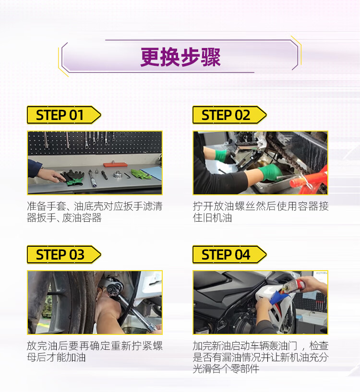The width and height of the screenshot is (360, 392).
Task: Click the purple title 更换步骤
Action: pos(180,57)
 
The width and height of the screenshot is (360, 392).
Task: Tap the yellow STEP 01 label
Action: pos(64,115)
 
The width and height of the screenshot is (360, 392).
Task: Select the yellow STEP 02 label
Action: pos(229,115)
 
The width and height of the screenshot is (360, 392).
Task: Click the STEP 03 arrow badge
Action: pos(64,254)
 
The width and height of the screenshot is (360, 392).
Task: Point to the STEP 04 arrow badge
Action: pos(229,254)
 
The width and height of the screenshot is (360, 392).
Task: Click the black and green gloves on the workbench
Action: pos(73,178)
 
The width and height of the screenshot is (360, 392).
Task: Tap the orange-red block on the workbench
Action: pos(115,165)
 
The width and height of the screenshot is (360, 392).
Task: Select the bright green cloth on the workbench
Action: pos(141,174)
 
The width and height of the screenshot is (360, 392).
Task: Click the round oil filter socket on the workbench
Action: pos(117,174)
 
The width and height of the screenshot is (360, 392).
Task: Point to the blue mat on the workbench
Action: pos(152,173)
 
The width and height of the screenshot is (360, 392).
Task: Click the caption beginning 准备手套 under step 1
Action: pos(95,212)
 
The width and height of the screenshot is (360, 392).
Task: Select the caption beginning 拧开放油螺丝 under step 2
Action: pos(261,212)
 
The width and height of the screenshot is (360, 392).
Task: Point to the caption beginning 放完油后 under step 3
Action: pos(95,352)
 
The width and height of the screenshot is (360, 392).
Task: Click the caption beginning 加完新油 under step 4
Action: pos(261,357)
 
